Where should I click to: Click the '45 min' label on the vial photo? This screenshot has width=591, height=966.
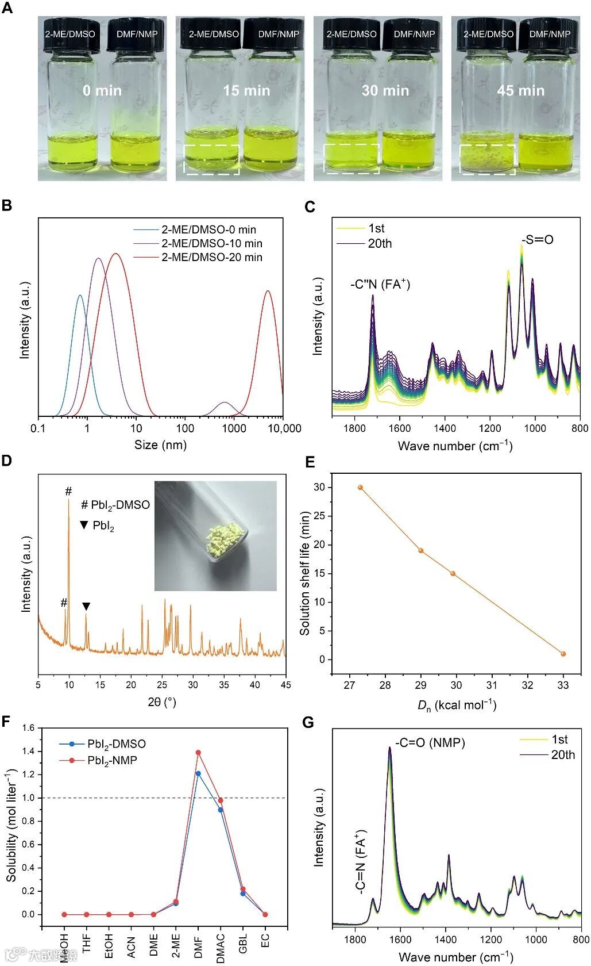coord(520,90)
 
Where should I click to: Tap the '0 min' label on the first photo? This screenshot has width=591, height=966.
coord(102,90)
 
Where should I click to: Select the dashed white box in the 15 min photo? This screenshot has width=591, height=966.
coord(211,159)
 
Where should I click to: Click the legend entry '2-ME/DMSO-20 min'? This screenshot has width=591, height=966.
coord(211,257)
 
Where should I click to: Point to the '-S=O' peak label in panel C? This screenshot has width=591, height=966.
coord(538,240)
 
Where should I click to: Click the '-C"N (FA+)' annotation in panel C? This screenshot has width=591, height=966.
coord(380,284)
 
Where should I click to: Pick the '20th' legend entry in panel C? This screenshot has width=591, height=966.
coord(380,243)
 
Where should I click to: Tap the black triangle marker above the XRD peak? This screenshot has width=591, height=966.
coord(86,606)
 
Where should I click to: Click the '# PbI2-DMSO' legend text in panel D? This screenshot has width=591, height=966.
coord(115,505)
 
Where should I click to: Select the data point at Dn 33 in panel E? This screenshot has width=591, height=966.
coord(563,654)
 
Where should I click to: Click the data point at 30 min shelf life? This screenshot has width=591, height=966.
coord(360,487)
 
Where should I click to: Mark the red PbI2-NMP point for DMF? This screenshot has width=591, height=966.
coord(198,752)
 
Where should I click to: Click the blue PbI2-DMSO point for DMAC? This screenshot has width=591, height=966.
coord(220,810)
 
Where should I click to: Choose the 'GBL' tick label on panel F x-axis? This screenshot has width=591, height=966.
coord(243,943)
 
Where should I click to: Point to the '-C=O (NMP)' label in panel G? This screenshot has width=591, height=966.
coord(430,742)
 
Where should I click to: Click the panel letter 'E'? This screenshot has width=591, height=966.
coord(310,463)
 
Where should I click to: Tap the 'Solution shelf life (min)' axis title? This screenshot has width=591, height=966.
coord(304,573)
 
